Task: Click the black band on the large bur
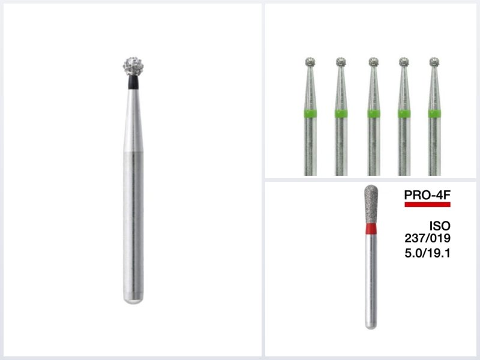point(133,82)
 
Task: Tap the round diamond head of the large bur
point(133,66)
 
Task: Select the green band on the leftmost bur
point(310,113)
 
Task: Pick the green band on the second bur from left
point(341,113)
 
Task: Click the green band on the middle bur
point(373,113)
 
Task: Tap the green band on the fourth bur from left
point(404,113)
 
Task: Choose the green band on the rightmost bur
point(434,113)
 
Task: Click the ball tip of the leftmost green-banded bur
point(310,62)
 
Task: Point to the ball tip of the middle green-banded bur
point(373,62)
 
